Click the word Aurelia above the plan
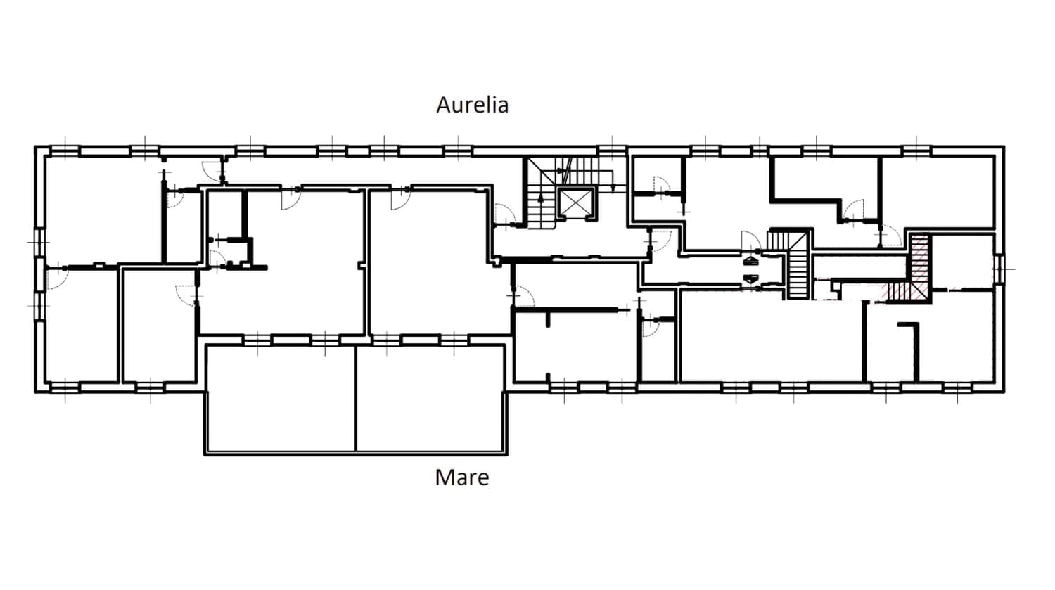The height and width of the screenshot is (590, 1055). click(473, 105)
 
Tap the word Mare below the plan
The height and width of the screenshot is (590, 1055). click(462, 477)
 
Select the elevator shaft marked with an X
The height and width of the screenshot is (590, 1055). click(575, 203)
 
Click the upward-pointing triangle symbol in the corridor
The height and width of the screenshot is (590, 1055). click(750, 260)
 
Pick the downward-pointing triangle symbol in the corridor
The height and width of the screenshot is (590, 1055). click(750, 278)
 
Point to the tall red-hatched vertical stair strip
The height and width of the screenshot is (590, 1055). click(919, 267)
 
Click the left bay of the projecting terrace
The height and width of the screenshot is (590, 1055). click(281, 398)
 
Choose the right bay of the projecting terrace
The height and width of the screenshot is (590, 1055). click(430, 398)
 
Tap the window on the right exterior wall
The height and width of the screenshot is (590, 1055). click(999, 269)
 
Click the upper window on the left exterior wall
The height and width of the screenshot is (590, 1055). click(39, 243)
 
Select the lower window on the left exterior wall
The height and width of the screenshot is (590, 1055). click(39, 306)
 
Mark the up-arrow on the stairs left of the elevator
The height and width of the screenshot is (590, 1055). click(541, 203)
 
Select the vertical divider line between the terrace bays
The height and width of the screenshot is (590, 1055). click(356, 398)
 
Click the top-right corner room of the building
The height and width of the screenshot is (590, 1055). click(938, 193)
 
